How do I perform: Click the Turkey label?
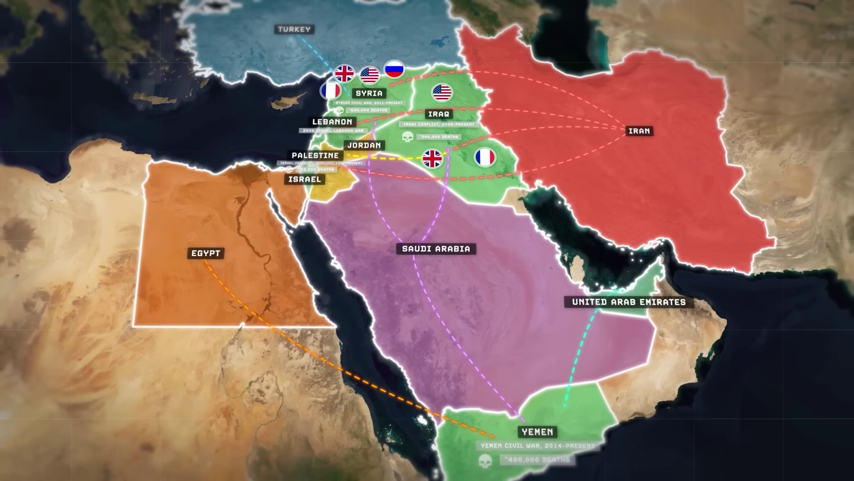(x=294, y=29)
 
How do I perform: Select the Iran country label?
(x=639, y=131)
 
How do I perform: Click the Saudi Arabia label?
(x=436, y=249)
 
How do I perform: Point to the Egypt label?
(x=205, y=253)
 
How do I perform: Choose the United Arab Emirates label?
(x=628, y=302)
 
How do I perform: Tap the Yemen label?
(x=537, y=432)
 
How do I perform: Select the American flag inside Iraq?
(x=442, y=93)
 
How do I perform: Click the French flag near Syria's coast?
(x=330, y=91)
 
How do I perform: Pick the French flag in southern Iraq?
(x=484, y=157)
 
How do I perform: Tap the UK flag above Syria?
(x=344, y=73)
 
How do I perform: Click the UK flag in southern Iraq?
(x=432, y=159)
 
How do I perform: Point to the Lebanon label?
(x=332, y=122)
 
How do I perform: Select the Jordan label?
(x=364, y=145)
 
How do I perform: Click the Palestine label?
(x=315, y=155)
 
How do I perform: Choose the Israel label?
(x=304, y=179)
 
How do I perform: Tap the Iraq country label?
(x=439, y=114)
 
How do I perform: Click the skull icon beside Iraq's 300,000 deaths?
(x=407, y=137)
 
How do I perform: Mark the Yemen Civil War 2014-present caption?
(x=537, y=445)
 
